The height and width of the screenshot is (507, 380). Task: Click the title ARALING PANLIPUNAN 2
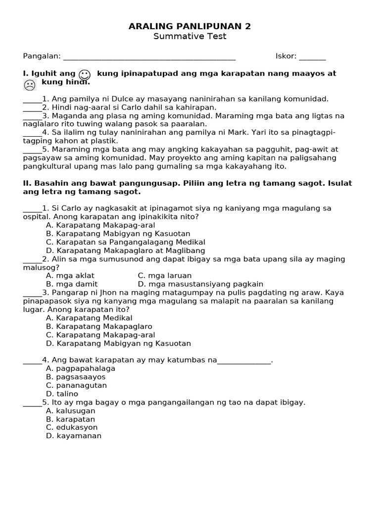tap(190, 26)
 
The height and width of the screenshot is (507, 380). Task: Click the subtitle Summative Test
tap(190, 36)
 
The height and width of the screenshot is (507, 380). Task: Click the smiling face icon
tap(84, 75)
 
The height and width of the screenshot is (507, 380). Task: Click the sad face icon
tap(30, 85)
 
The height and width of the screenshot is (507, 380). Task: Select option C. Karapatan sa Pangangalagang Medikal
tap(125, 242)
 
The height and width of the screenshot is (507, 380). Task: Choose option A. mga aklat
tap(70, 276)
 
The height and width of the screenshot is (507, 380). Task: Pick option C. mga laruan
tap(164, 276)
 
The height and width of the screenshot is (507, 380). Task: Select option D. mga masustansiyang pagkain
tap(200, 284)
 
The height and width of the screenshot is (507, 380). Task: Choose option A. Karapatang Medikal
tap(89, 318)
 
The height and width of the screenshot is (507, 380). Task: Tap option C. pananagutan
tap(76, 385)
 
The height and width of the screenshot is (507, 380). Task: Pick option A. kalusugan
tap(70, 411)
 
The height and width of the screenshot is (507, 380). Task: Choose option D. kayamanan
tap(73, 436)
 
